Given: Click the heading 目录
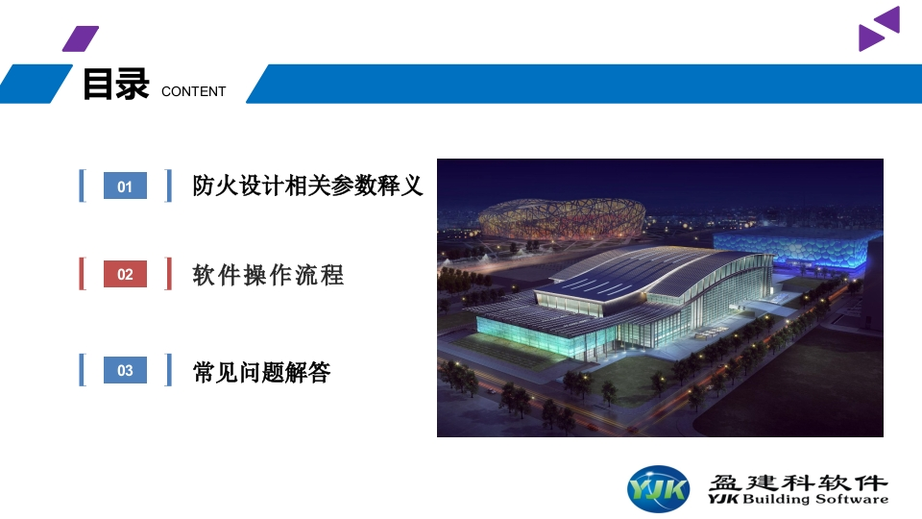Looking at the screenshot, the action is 116,85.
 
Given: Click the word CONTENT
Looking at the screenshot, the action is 193,92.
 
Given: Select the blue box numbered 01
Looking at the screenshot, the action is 125,185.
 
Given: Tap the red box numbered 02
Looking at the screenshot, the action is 125,274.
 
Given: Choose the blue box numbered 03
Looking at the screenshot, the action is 125,370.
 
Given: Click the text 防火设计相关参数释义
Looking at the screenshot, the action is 307,185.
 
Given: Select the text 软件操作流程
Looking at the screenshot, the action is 268,275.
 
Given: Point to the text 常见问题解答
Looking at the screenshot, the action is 261,372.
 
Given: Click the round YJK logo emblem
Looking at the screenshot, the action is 659,488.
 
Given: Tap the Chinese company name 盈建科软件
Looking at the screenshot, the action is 798,482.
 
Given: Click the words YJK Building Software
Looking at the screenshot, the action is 798,500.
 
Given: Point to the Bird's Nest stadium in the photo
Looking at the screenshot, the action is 562,218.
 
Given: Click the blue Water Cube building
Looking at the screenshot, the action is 797,250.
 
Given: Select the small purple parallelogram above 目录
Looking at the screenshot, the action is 81,38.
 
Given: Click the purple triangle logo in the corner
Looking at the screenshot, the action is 880,30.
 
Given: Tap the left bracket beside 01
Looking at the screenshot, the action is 83,185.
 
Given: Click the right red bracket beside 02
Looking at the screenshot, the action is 169,274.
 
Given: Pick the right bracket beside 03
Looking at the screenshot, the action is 169,370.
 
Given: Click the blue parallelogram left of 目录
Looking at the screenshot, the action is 35,85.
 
